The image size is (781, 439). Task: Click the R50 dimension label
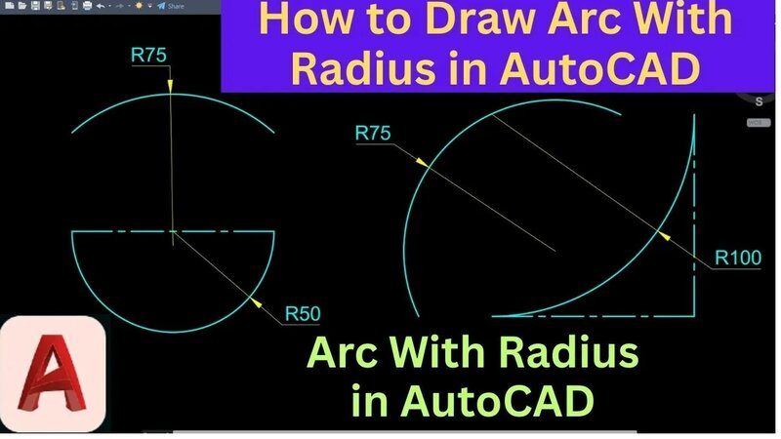coord(303,314)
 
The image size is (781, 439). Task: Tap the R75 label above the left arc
coord(149,55)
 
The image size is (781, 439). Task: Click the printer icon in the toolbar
coord(86,6)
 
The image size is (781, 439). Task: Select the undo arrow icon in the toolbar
coord(100,6)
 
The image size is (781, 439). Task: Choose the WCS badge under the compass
coord(755,122)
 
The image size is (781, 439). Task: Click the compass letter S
coord(758,100)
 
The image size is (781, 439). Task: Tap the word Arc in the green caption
coord(343,351)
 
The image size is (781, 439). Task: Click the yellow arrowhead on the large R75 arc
coord(427,164)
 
